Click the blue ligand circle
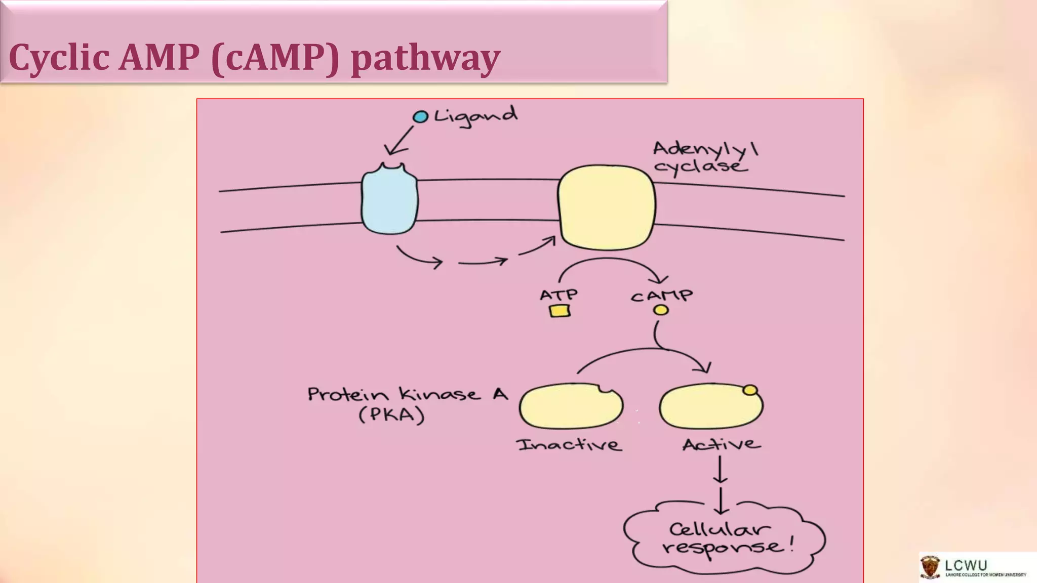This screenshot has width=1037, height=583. click(420, 117)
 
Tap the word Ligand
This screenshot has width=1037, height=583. click(476, 116)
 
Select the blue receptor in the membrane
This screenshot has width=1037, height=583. click(389, 200)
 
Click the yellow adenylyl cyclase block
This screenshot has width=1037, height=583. click(607, 207)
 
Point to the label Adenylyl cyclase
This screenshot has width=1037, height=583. click(704, 157)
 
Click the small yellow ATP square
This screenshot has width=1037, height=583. click(560, 311)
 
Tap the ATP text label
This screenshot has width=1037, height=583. click(559, 295)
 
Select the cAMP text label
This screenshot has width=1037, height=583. click(661, 296)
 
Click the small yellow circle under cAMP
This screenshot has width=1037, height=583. click(661, 310)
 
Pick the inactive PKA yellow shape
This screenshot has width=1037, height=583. click(570, 406)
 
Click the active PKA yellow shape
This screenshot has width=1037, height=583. click(710, 406)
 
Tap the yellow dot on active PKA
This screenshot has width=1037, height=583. click(750, 390)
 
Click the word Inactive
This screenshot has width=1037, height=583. click(569, 445)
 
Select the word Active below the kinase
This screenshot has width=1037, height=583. click(721, 444)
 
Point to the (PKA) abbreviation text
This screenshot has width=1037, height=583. click(391, 415)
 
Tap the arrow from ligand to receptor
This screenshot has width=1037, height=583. click(399, 141)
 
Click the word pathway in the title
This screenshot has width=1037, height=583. click(425, 58)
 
